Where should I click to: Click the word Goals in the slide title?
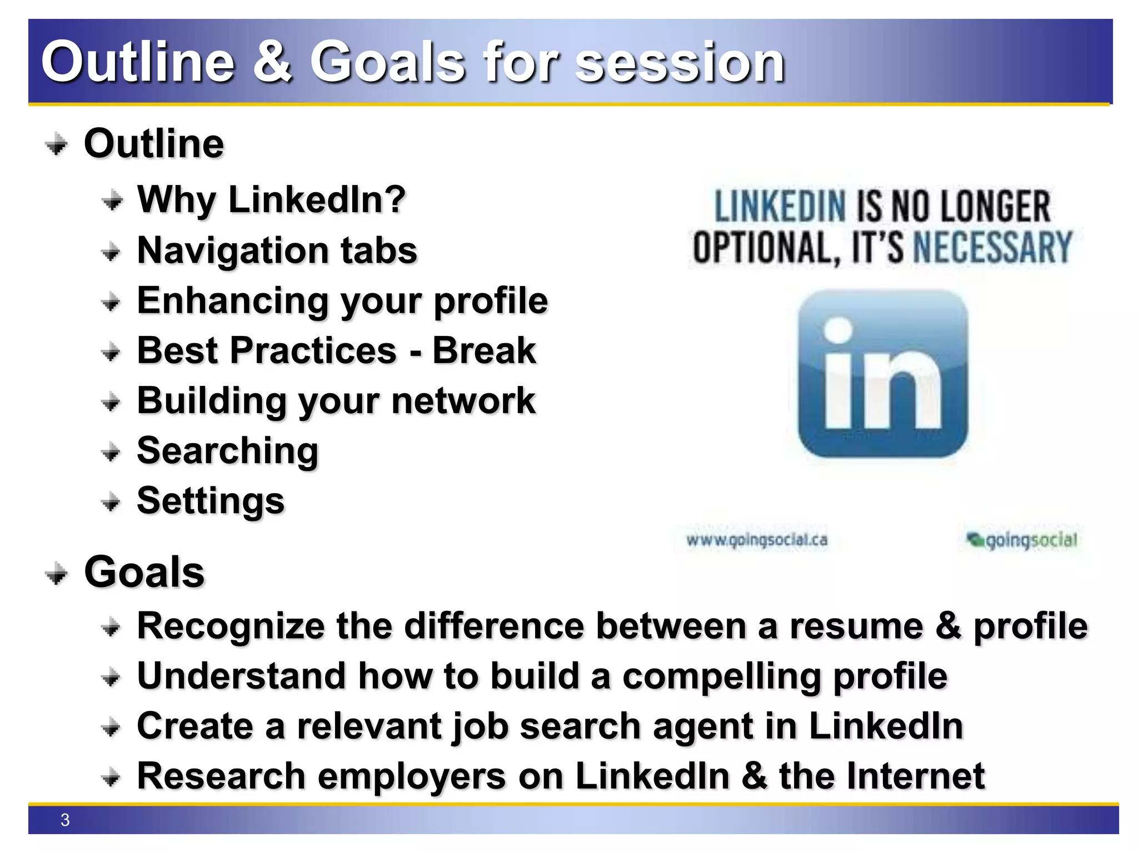coord(387,62)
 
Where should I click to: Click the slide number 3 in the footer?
coord(65,820)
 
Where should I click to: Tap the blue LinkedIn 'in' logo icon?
coord(882,374)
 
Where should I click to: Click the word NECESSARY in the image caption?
coord(992,247)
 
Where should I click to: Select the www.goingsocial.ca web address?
coord(757,540)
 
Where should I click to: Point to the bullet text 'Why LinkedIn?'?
coord(271,199)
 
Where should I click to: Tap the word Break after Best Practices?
coord(484,350)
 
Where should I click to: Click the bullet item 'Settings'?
coord(211,500)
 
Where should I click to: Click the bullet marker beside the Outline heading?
coord(56,145)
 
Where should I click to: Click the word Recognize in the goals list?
coord(231,626)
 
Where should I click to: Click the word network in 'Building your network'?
coord(463,400)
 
